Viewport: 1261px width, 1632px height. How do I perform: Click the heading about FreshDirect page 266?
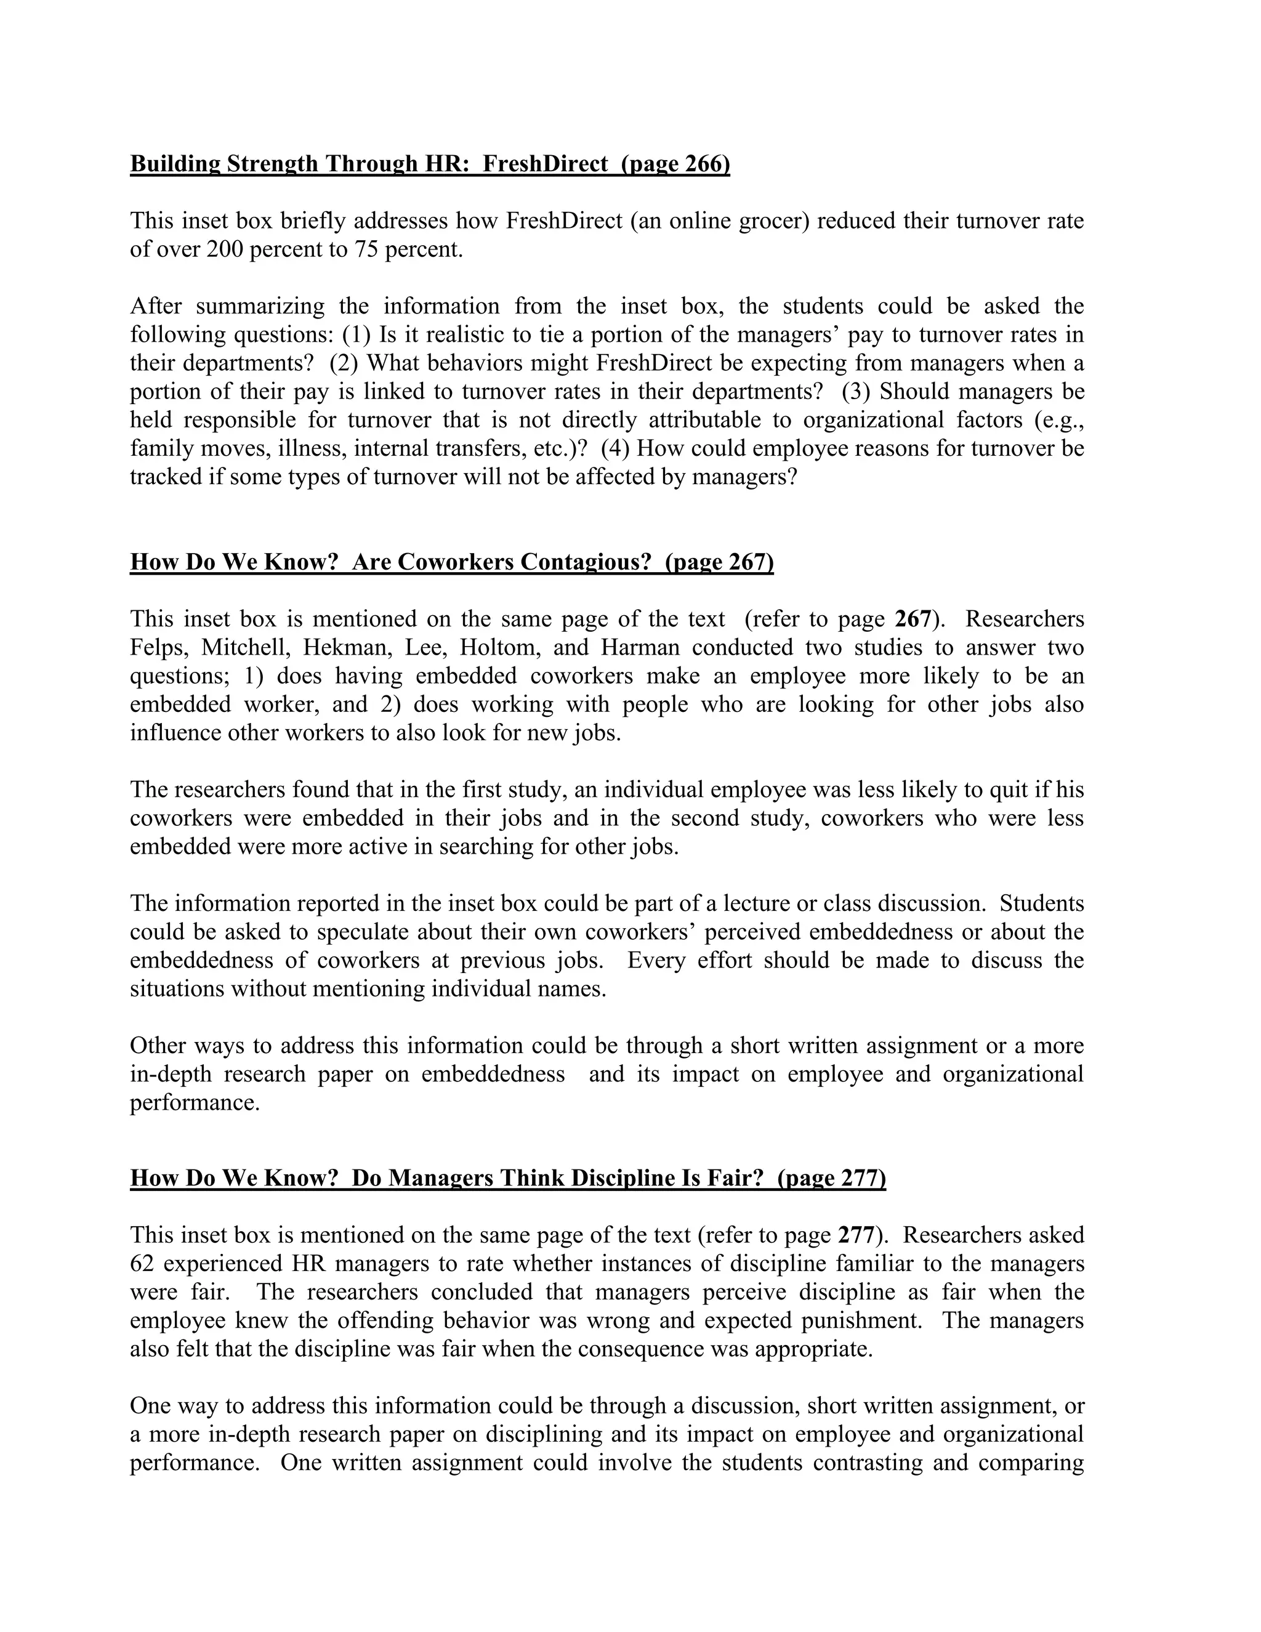[x=430, y=164]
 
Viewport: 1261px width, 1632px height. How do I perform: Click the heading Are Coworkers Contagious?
[x=451, y=561]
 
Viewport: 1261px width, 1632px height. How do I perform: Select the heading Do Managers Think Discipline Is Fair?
[x=507, y=1178]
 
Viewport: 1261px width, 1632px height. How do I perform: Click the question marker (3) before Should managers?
[x=856, y=392]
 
